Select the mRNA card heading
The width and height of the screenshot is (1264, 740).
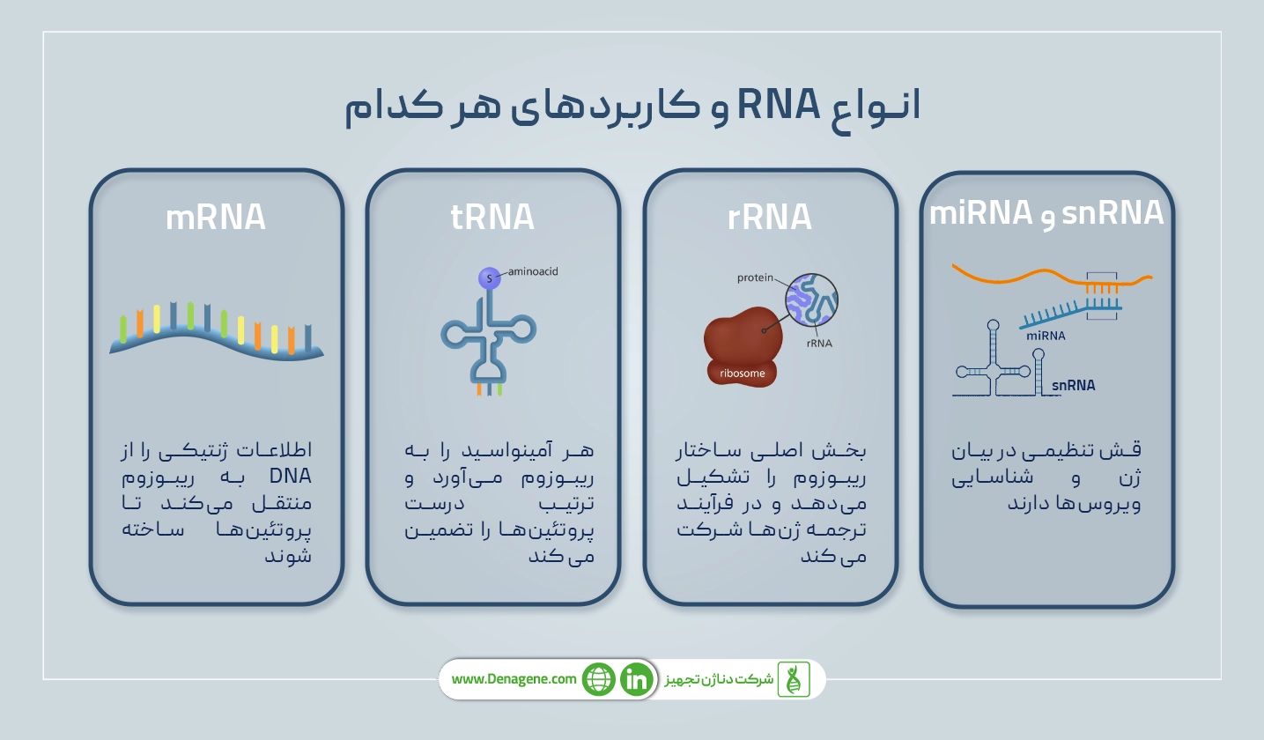tap(216, 218)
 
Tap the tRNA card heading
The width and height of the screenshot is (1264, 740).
tap(492, 217)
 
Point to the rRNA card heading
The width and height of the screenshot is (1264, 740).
tap(770, 218)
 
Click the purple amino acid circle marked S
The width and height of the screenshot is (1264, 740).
tap(489, 278)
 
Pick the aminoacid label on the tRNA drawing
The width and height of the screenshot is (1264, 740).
tap(533, 272)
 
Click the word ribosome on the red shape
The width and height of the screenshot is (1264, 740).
tap(742, 373)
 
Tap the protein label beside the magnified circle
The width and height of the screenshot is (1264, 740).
tap(755, 277)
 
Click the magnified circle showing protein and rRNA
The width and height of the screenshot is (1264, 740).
tap(811, 298)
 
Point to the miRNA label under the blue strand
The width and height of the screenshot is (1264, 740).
tap(1045, 336)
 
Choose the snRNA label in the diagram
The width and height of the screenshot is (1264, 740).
tap(1074, 385)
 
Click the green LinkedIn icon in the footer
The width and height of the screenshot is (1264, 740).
tap(636, 679)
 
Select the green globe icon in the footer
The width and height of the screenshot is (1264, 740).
tap(598, 679)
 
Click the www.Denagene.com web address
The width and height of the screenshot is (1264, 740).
tap(514, 679)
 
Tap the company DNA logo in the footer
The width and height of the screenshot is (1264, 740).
tap(793, 679)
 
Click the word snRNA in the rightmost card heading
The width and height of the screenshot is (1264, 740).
tap(1113, 214)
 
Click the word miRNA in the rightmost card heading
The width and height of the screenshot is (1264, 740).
tap(980, 212)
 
